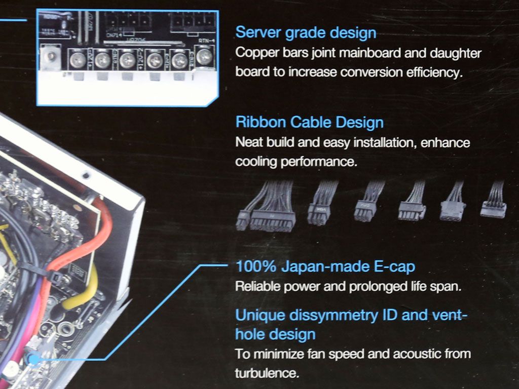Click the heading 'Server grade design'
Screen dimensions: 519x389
(x=306, y=33)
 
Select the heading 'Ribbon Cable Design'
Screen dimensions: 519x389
(x=310, y=122)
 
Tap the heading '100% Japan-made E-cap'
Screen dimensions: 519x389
(x=325, y=266)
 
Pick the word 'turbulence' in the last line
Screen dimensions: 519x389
(x=267, y=373)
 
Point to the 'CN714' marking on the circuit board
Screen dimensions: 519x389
(x=114, y=35)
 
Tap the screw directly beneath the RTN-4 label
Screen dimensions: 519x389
(x=204, y=57)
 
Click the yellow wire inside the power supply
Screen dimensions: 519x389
(x=82, y=291)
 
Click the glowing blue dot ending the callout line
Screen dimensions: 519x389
(x=33, y=359)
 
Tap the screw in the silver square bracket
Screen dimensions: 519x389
(x=51, y=57)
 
